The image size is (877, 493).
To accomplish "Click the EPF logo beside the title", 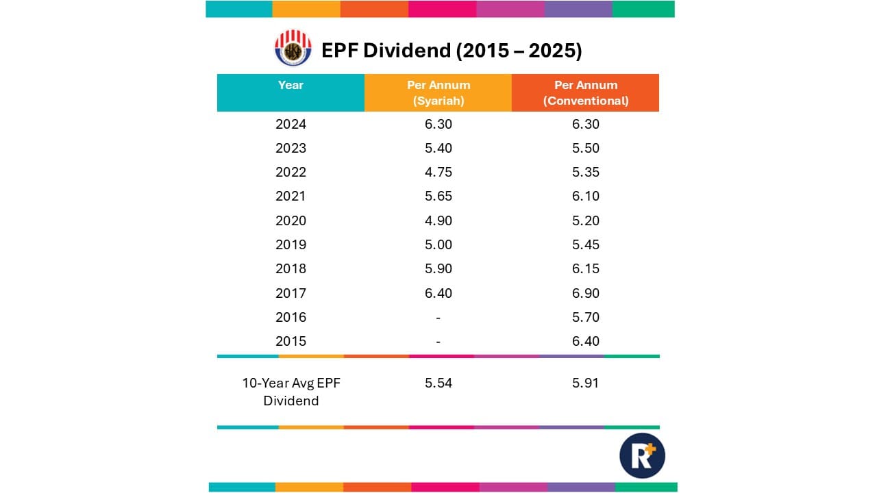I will [293, 48].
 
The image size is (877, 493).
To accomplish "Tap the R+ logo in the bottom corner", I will [642, 455].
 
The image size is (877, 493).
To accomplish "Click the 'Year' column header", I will [291, 86].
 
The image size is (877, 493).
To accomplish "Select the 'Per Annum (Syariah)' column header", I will [438, 93].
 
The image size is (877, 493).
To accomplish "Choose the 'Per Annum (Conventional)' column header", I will [585, 93].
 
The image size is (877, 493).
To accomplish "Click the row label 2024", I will [291, 125].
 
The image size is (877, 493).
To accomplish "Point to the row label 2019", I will [291, 244].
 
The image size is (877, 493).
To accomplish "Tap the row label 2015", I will [291, 341].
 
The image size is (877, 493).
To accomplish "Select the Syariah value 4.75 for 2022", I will [438, 172].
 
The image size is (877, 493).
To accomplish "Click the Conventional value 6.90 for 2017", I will [585, 293].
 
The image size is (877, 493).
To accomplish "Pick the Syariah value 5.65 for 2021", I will [438, 197].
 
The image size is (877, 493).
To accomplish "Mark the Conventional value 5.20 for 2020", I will [585, 220].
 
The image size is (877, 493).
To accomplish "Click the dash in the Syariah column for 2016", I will [438, 318].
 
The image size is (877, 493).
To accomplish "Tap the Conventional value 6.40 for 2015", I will [585, 341].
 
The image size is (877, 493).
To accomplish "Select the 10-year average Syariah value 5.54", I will [438, 383].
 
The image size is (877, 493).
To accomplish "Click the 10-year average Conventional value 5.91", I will [585, 383].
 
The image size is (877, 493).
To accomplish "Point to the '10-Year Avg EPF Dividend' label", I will [291, 392].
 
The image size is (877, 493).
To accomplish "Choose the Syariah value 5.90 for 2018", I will [438, 268].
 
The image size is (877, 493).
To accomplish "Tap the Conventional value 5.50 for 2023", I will [585, 148].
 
